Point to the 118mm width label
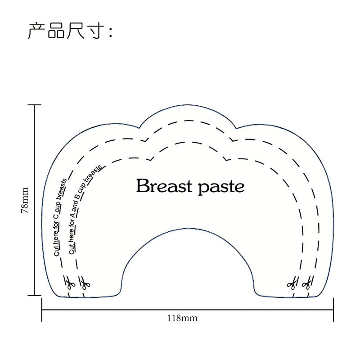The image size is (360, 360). (x=182, y=318)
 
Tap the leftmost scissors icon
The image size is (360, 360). (x=69, y=283)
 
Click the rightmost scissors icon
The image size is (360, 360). (x=307, y=283)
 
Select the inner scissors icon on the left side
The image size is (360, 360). (x=84, y=283)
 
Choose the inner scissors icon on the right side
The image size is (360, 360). (x=292, y=283)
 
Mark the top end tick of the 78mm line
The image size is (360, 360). (x=34, y=105)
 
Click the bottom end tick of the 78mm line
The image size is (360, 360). (x=34, y=295)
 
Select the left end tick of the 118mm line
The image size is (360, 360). (x=42, y=310)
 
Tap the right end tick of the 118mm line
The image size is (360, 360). (x=333, y=310)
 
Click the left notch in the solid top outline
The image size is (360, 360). (x=141, y=126)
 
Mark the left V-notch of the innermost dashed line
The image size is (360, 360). (x=150, y=159)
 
